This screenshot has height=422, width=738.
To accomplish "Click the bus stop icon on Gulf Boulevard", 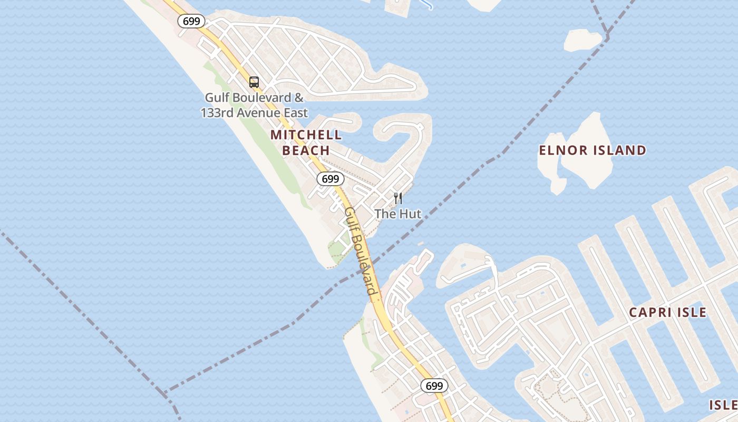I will click(x=254, y=82).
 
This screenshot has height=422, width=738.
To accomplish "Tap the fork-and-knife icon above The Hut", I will click(x=398, y=199).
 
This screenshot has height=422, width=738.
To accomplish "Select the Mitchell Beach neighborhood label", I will click(x=306, y=142).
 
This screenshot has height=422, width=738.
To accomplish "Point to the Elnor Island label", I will click(x=593, y=150).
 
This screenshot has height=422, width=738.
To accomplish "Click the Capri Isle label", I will click(x=667, y=312).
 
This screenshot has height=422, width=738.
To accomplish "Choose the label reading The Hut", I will click(x=398, y=214).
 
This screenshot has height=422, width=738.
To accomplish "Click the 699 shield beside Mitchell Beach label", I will click(x=331, y=179).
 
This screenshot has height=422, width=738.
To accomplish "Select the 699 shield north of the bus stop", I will click(x=191, y=21).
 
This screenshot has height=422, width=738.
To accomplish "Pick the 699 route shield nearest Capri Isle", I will click(x=434, y=386).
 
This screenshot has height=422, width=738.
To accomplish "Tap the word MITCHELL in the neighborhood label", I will click(x=306, y=135).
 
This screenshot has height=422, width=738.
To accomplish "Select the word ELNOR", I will click(x=562, y=150).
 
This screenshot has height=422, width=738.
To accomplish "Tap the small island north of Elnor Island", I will click(x=582, y=40).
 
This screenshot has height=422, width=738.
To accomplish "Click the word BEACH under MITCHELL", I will click(x=306, y=150).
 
